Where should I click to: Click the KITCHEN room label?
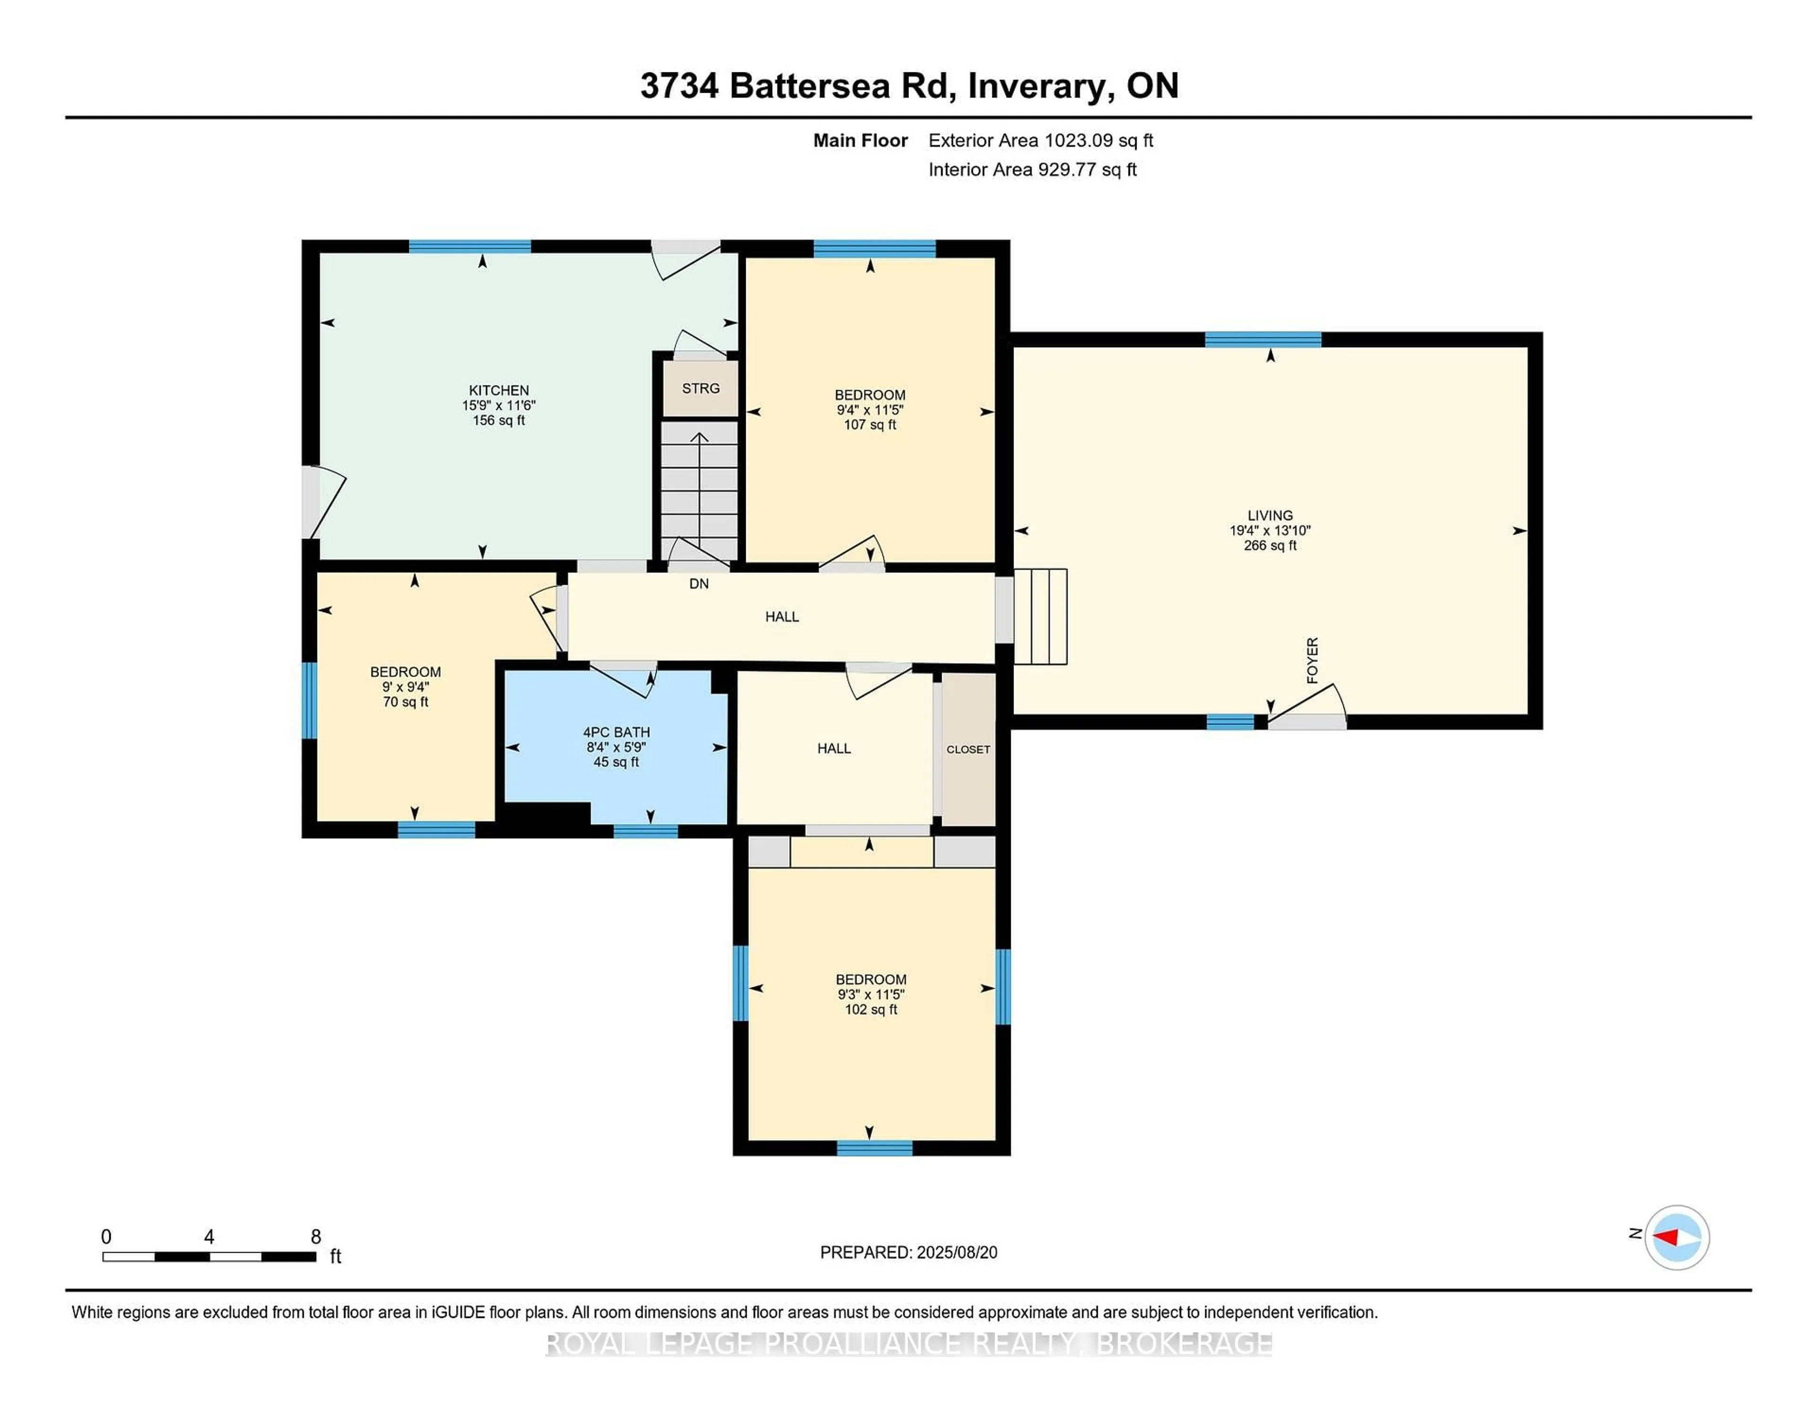pyautogui.click(x=498, y=390)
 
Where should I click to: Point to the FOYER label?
pyautogui.click(x=1312, y=660)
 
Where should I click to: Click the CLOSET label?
pyautogui.click(x=968, y=749)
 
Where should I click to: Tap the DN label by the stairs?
pyautogui.click(x=699, y=584)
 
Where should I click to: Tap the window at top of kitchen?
pyautogui.click(x=469, y=246)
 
